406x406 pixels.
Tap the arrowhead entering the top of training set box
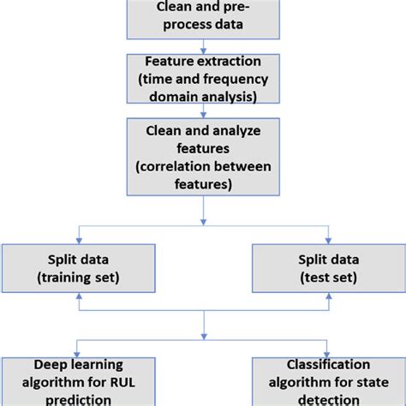(78, 239)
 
